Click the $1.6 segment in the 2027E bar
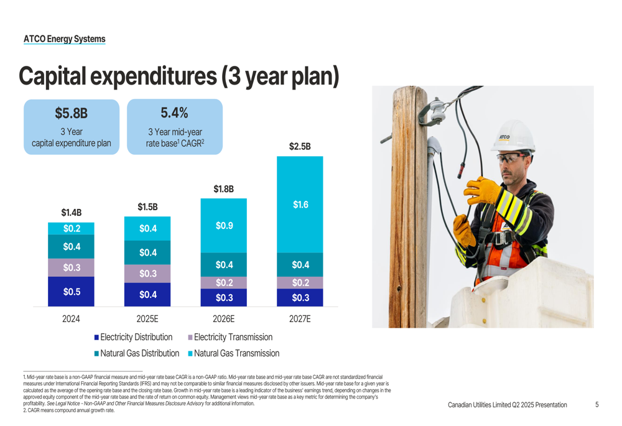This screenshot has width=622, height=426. coord(300,205)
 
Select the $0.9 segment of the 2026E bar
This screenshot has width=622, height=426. coord(223,226)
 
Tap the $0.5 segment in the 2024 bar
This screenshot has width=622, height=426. coord(71,291)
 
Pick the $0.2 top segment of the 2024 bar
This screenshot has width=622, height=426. coord(71,228)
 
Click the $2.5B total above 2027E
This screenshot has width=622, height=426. coord(300,147)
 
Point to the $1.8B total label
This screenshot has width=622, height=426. coord(223,189)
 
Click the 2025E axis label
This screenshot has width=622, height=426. coord(147,319)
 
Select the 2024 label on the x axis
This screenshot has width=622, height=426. coord(71,319)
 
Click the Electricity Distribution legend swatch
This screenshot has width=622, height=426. coord(97,337)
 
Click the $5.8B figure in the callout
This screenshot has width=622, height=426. coord(71,113)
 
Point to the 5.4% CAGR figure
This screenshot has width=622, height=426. coord(174,113)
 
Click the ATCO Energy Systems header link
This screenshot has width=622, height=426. coord(65,39)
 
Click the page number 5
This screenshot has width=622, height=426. coord(596,405)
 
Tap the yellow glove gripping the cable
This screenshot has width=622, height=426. coord(481,188)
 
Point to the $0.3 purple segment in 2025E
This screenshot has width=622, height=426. coord(147,274)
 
